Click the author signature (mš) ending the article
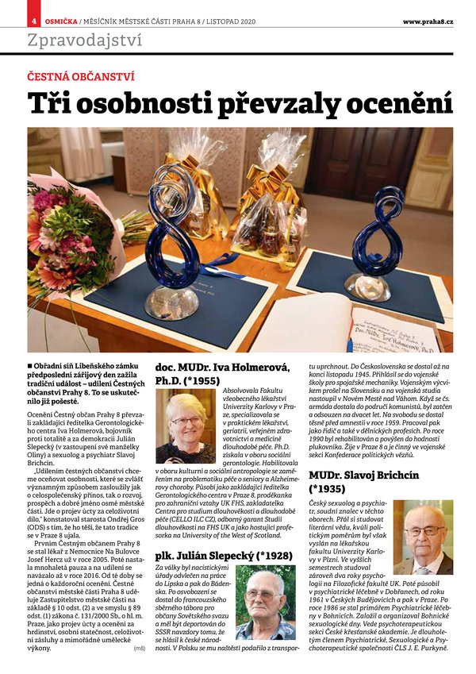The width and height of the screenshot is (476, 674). (x=140, y=648)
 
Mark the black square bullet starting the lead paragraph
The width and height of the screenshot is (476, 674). (x=30, y=363)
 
